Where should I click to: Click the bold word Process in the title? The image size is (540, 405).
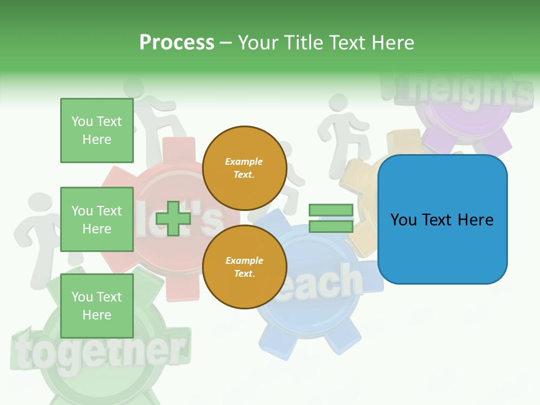click(177, 43)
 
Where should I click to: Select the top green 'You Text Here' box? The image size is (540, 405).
click(97, 130)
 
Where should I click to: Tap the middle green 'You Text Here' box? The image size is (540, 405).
click(97, 219)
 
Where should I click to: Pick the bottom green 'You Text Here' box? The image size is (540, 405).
click(97, 305)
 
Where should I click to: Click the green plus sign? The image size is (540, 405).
click(173, 218)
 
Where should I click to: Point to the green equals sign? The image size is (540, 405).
click(331, 218)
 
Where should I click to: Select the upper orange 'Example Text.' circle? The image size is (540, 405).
click(244, 168)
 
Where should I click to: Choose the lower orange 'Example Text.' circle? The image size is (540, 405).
click(244, 267)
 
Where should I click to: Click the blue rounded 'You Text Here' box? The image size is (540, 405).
click(442, 219)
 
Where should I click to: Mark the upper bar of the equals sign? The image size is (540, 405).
click(331, 210)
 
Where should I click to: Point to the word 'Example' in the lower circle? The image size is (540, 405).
click(244, 260)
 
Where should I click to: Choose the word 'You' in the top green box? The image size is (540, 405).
click(82, 121)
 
